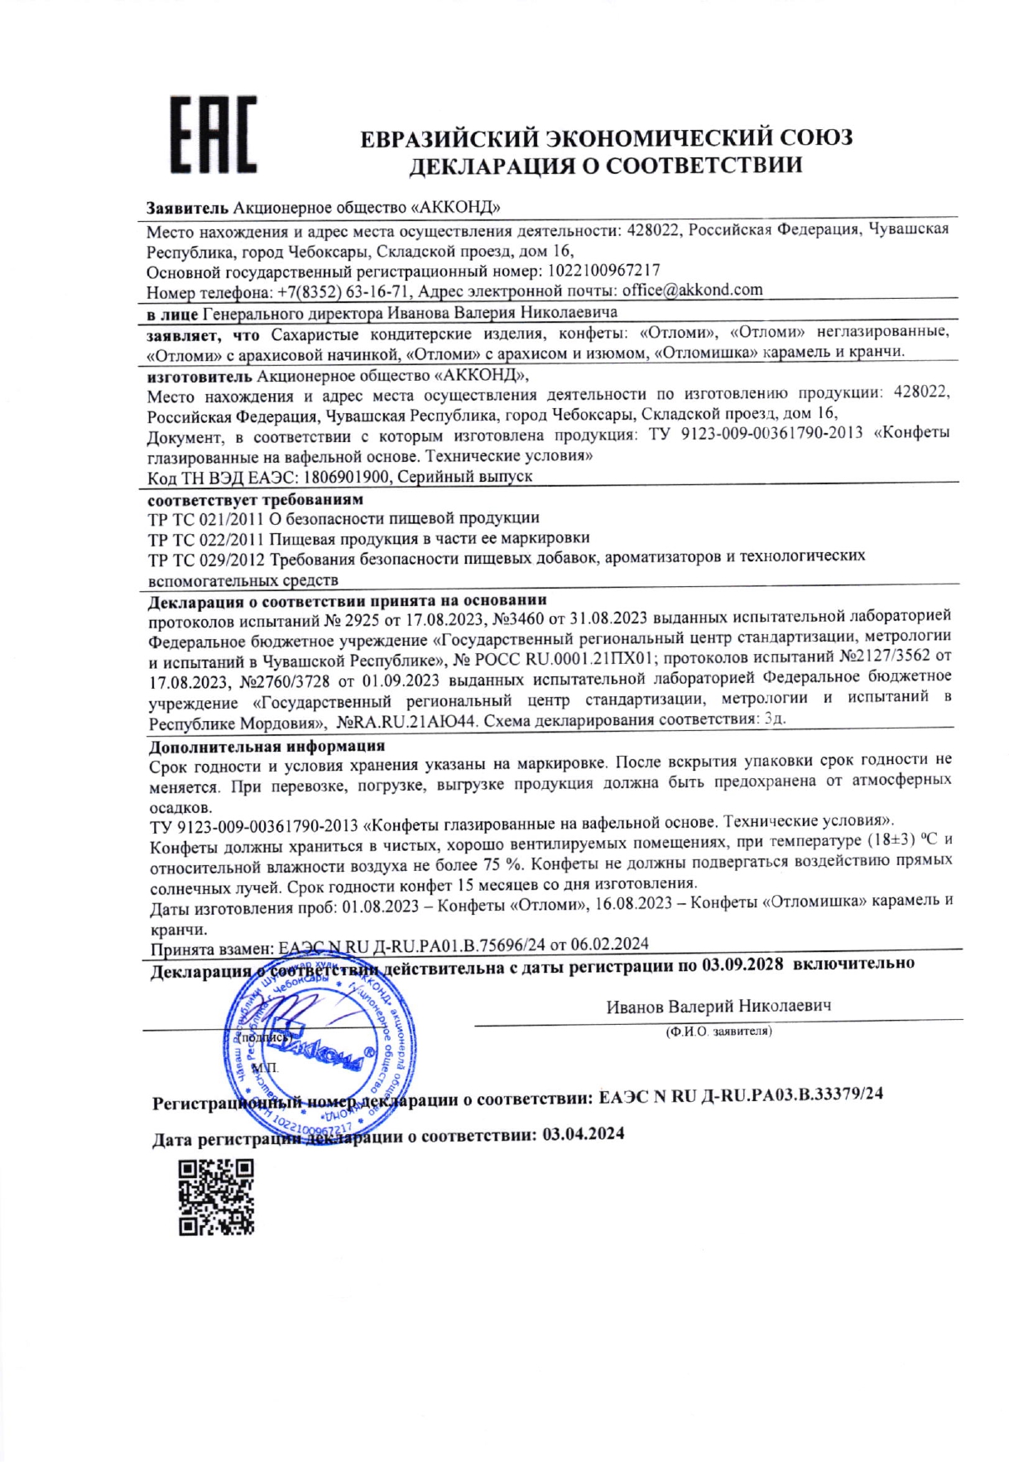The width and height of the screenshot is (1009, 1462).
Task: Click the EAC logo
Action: click(x=213, y=135)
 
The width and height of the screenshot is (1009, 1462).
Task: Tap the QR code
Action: click(x=216, y=1196)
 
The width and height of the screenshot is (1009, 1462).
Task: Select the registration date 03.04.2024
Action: click(x=583, y=1133)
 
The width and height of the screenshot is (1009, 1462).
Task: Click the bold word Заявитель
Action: click(x=187, y=206)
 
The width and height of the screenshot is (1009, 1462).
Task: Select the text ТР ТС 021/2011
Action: click(x=202, y=518)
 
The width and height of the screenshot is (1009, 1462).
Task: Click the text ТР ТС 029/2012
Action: click(x=202, y=557)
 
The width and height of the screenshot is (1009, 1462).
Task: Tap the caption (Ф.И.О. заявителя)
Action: click(x=718, y=1032)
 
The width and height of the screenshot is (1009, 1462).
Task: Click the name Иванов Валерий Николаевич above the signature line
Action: click(x=718, y=1006)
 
